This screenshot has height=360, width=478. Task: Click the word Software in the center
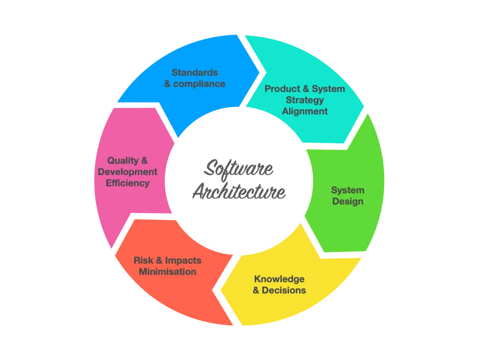click(239, 169)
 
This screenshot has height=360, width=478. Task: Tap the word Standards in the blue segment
click(195, 72)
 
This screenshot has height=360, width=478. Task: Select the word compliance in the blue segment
click(199, 84)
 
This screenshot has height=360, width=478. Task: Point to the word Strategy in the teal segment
click(305, 100)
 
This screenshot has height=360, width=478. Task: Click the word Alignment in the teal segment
click(305, 111)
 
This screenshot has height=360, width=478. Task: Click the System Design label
click(348, 196)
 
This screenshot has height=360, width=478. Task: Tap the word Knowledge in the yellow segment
click(279, 279)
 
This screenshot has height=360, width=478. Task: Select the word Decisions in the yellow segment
click(284, 290)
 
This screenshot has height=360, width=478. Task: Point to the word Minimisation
click(167, 272)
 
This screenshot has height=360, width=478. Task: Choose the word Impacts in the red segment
click(183, 260)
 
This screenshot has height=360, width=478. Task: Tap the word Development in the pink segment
click(127, 172)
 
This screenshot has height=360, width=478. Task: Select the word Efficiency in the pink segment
click(127, 183)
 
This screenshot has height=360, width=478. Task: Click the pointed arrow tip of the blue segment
click(260, 70)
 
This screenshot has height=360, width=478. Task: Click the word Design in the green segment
click(348, 202)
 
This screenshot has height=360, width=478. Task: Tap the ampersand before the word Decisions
click(256, 290)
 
